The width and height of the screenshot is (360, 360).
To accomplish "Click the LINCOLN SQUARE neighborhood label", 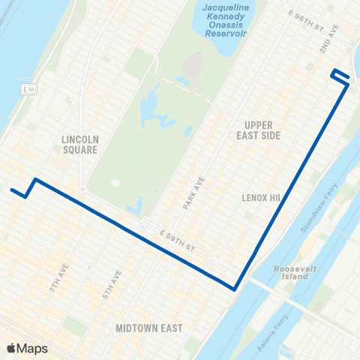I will (x=80, y=144).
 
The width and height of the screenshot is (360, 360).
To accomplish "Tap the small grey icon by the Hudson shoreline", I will (x=30, y=89).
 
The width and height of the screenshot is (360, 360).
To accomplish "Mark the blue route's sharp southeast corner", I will (x=235, y=288).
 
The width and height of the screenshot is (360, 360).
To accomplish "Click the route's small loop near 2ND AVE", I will (x=339, y=75).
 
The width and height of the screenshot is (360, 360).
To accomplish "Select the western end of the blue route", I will (x=11, y=189).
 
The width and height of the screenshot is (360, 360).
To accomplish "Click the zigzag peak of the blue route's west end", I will (x=34, y=179).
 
